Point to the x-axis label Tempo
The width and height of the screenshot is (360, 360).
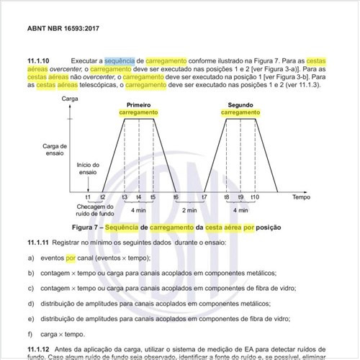[x=301, y=195]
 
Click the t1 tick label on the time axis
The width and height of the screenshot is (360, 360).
[x=88, y=197]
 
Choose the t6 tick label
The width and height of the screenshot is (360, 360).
[x=176, y=197]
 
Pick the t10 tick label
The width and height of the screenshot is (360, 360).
[x=255, y=197]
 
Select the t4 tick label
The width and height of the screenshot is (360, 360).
[x=139, y=197]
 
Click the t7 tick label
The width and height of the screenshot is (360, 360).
[x=204, y=197]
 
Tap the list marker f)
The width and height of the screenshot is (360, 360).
[x=32, y=333]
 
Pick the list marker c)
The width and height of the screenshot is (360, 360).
[x=32, y=288]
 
